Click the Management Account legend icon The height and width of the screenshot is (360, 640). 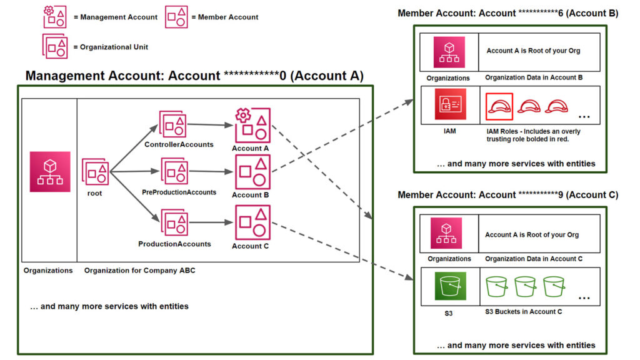55,17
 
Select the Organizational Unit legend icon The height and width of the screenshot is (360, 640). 55,47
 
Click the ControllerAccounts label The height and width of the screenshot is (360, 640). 179,144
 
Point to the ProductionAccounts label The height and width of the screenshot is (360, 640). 174,244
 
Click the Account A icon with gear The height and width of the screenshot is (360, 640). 252,126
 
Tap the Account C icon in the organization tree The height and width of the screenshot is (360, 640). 252,223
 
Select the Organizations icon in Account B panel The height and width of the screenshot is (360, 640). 449,52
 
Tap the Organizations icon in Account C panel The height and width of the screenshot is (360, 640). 449,233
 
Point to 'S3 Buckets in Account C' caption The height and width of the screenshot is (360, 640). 524,311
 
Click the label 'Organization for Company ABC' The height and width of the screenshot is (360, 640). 139,271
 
